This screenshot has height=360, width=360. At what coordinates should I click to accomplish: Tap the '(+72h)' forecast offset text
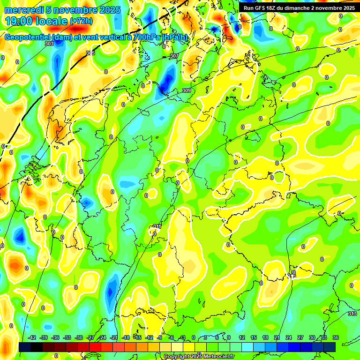(x=81, y=21)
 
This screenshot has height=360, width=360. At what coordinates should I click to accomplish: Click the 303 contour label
(x=49, y=44)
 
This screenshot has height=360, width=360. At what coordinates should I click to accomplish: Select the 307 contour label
(x=174, y=56)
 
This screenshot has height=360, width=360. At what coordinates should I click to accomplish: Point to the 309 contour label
(x=186, y=90)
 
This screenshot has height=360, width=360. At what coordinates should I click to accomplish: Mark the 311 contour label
(x=157, y=226)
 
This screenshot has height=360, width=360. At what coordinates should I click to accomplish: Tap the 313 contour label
(x=352, y=314)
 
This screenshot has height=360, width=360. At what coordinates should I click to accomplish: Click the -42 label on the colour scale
(x=32, y=337)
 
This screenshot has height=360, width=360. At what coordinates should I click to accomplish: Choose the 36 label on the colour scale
(x=336, y=337)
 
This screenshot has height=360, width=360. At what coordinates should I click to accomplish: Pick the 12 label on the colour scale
(x=242, y=337)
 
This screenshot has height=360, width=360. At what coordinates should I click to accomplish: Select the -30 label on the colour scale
(x=79, y=337)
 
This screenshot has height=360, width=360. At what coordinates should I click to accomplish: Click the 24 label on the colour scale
(x=289, y=337)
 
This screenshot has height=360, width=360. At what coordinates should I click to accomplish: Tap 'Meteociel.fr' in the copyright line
(x=218, y=357)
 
